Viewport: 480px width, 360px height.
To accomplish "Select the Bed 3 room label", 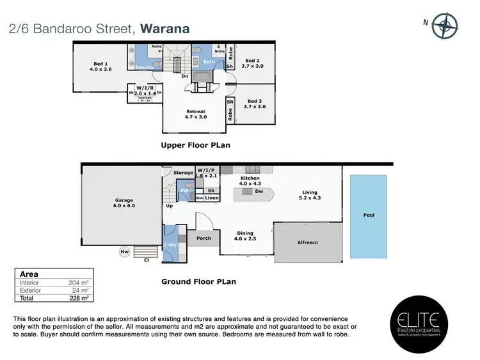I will (x=254, y=101).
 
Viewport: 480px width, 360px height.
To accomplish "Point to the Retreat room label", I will (x=195, y=111).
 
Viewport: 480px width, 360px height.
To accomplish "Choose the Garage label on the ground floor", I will (x=124, y=200).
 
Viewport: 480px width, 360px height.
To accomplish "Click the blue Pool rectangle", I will (x=369, y=215).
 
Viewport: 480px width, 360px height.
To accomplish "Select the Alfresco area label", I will (x=308, y=242).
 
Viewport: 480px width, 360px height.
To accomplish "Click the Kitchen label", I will (x=250, y=178).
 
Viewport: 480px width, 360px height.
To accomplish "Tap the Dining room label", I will (x=244, y=233).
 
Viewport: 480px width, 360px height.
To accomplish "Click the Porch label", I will (x=204, y=239).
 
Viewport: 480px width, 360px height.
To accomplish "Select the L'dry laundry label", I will (x=170, y=245).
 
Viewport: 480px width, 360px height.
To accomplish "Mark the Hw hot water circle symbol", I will (x=124, y=253).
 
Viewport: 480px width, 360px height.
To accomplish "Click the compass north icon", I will (x=444, y=26).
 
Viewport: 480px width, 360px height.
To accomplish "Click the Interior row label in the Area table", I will (x=29, y=282).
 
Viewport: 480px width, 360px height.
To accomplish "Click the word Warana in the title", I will (x=164, y=29).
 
